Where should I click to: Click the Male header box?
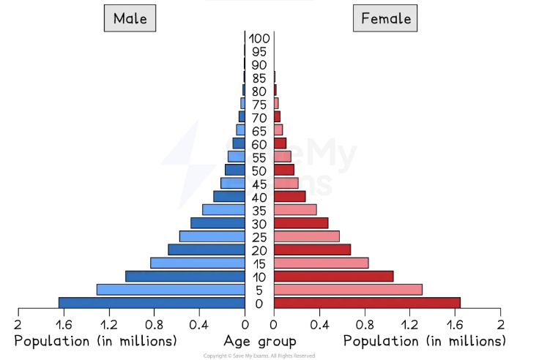pyautogui.click(x=130, y=18)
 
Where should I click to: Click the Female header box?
pyautogui.click(x=385, y=18)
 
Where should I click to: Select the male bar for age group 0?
pyautogui.click(x=152, y=303)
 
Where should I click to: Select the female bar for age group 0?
pyautogui.click(x=367, y=303)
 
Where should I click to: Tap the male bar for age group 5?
pyautogui.click(x=171, y=290)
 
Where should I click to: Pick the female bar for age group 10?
pyautogui.click(x=333, y=276)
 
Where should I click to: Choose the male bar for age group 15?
pyautogui.click(x=198, y=263)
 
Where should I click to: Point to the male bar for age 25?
pyautogui.click(x=212, y=236)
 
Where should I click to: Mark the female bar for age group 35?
pyautogui.click(x=295, y=210)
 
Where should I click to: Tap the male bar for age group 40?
pyautogui.click(x=229, y=196)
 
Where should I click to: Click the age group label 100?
pyautogui.click(x=259, y=39)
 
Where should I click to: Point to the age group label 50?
pyautogui.click(x=259, y=170)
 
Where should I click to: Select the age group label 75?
pyautogui.click(x=259, y=105)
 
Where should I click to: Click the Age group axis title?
pyautogui.click(x=260, y=342)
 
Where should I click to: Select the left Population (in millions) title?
pyautogui.click(x=96, y=342)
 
